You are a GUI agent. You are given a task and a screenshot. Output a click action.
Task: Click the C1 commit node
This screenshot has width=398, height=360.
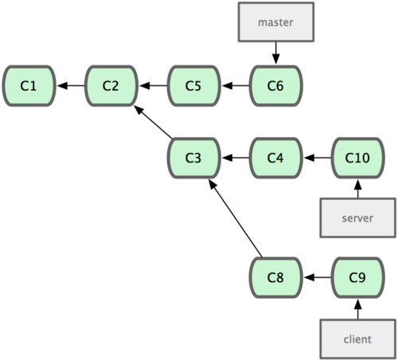point(29,86)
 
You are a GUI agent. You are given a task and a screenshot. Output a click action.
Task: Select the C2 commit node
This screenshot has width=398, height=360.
point(111,86)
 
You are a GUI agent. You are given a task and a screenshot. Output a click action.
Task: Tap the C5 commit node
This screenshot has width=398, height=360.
point(194,86)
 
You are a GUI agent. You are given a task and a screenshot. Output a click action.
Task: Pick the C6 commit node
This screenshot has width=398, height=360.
point(276,86)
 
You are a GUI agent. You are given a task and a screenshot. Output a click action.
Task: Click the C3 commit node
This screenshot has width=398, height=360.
point(194,158)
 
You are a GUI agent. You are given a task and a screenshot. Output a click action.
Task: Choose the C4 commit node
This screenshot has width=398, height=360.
point(276,158)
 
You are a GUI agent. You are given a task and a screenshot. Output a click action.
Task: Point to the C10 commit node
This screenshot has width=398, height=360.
point(358,158)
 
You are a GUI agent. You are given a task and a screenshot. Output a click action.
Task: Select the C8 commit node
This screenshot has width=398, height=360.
point(276,277)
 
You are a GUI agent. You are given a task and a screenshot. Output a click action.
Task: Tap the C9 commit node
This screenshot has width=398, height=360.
point(358,277)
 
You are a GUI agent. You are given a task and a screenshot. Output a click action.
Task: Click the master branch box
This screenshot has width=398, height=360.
point(276,22)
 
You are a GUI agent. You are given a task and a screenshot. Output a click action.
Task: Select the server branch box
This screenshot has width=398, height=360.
point(358,217)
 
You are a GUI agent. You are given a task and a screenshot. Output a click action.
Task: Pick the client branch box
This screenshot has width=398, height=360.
point(358,339)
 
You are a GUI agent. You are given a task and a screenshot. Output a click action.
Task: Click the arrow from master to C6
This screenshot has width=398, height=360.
point(276,53)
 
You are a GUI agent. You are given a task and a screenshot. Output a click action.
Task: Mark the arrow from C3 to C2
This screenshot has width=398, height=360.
point(154,122)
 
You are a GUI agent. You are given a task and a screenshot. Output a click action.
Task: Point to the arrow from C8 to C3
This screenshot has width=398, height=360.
point(236,218)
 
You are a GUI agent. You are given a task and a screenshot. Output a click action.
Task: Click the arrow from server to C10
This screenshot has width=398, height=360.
point(358,189)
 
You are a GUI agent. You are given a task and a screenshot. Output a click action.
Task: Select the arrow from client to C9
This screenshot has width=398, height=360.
point(358,309)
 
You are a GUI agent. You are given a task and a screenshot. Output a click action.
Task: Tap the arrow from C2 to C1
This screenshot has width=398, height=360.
point(71,86)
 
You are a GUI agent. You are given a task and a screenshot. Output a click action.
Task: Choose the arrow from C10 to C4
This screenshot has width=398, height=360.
point(318,158)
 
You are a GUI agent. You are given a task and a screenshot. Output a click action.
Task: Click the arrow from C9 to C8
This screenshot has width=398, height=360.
point(318,277)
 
